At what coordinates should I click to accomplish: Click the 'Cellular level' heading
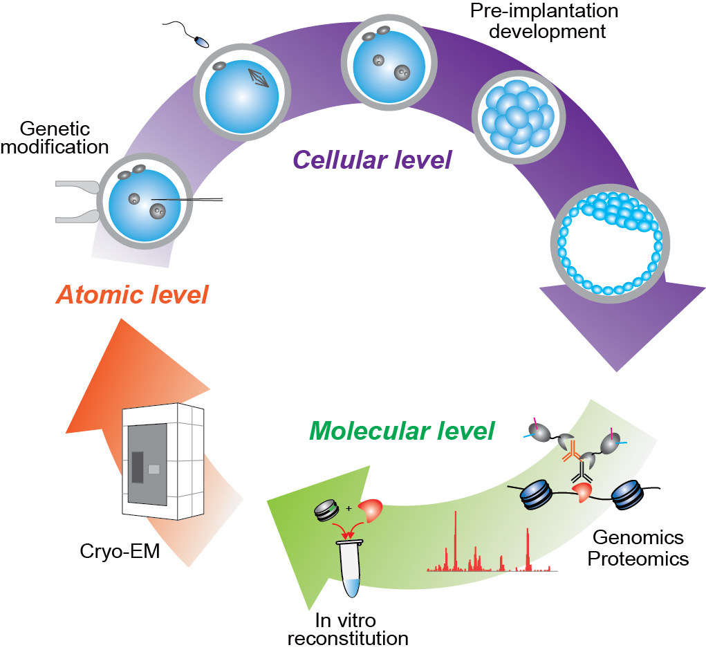pos(372,160)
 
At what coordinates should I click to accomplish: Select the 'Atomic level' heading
pos(132,295)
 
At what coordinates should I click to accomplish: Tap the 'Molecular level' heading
pos(402,431)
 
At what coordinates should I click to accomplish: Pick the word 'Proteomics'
pos(638,559)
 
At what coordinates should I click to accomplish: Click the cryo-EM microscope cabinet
pos(163,462)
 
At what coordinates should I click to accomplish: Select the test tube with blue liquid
pos(352,568)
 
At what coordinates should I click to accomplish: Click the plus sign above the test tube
pos(349,509)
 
